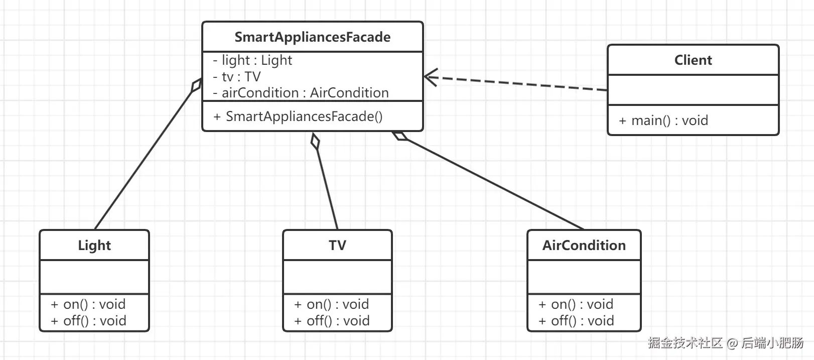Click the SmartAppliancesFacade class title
(313, 37)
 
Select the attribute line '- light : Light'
(252, 60)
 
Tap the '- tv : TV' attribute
(237, 77)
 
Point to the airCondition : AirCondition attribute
(301, 93)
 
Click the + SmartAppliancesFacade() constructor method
(298, 116)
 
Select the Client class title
(693, 60)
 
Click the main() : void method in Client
(663, 121)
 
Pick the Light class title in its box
(94, 246)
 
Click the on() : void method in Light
(88, 304)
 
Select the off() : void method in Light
(89, 321)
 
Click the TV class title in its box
(337, 246)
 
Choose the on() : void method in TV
(332, 304)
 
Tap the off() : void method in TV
(332, 321)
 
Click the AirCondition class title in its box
(584, 246)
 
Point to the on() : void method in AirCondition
(576, 304)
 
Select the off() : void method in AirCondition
(576, 321)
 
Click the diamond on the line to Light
(197, 85)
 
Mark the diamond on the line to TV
(315, 141)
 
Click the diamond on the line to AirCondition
(400, 136)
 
